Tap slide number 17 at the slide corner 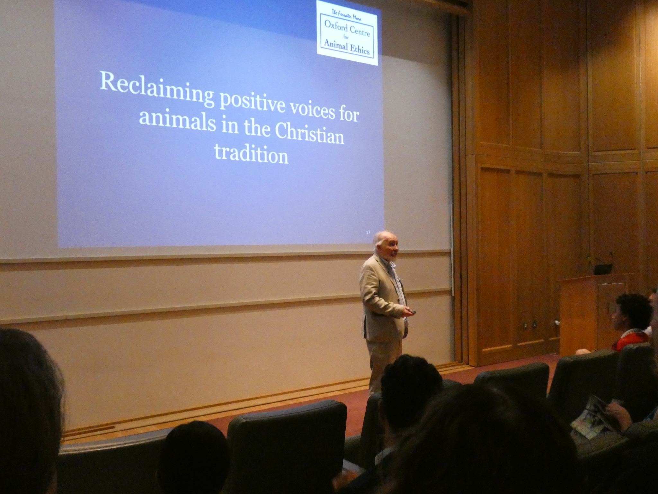click(368, 232)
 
